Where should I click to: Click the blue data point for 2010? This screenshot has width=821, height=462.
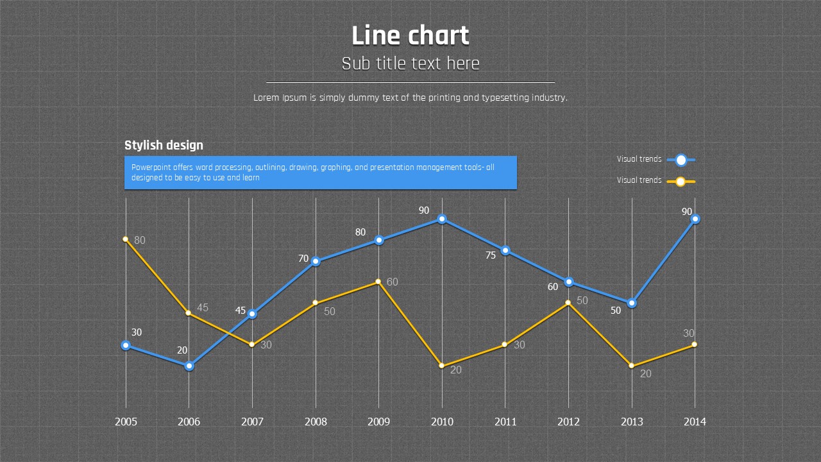442,219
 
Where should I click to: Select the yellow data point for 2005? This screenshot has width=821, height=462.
126,239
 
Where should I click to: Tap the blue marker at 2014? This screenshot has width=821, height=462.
695,219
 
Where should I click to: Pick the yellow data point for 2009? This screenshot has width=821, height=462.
378,282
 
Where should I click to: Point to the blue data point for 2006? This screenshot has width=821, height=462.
189,366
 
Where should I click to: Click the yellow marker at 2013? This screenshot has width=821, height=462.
632,366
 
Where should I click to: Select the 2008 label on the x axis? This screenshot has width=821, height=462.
316,422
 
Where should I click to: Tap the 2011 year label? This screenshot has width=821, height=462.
505,422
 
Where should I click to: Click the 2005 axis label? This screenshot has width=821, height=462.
126,422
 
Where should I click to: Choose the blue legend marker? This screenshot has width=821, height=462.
681,160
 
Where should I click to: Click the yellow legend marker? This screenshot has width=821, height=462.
681,182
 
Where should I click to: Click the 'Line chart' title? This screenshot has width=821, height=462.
410,36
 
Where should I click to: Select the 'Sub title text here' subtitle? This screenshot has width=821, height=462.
410,64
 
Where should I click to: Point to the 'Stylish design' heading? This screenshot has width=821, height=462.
164,146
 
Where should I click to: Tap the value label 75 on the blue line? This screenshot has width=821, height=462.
491,255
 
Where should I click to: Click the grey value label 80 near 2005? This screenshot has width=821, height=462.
140,241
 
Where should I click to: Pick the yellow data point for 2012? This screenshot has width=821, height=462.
568,303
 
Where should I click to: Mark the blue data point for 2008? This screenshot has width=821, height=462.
316,261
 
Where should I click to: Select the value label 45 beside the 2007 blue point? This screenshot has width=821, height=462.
241,311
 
